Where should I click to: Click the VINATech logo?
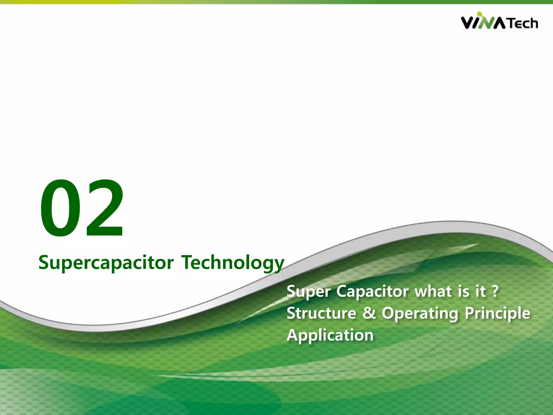499,22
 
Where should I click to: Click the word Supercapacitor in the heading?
106,263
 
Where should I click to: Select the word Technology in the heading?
232,263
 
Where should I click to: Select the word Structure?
321,313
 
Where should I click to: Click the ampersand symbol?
369,313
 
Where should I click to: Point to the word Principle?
498,313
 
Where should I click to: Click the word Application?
330,336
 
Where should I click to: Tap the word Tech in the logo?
523,23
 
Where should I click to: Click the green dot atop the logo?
479,13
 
